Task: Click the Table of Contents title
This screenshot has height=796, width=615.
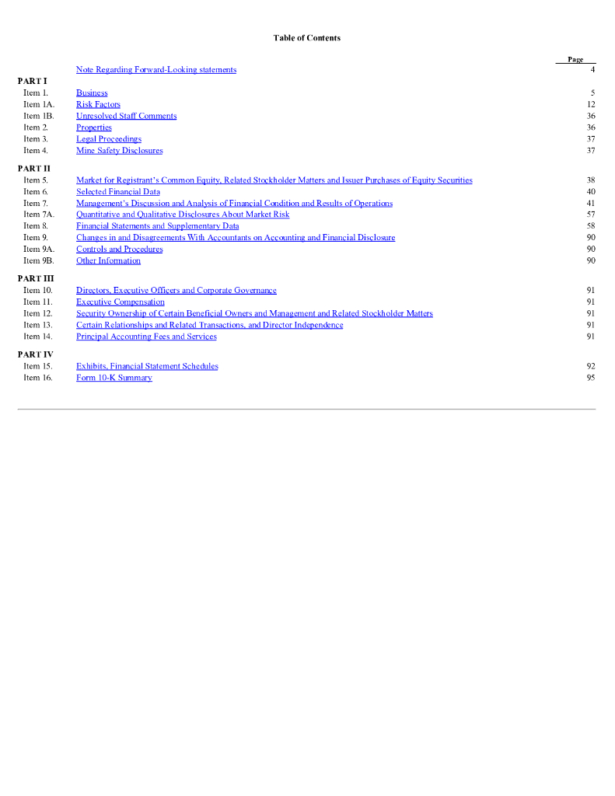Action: click(306, 38)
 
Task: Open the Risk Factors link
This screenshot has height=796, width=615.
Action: click(98, 105)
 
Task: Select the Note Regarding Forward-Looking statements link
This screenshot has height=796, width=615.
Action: click(156, 70)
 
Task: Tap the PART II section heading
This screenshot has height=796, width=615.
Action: click(33, 169)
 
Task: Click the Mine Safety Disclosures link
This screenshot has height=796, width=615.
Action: click(119, 151)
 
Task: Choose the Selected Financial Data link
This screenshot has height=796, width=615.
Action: click(117, 192)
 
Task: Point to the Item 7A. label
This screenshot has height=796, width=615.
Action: click(39, 215)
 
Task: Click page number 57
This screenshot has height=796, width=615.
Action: click(591, 215)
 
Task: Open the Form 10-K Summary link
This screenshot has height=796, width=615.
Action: click(114, 378)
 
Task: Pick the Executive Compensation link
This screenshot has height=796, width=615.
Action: click(120, 302)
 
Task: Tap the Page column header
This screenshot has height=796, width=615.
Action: click(575, 60)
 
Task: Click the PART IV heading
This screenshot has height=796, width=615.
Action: click(35, 354)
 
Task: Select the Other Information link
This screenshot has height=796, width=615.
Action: click(108, 261)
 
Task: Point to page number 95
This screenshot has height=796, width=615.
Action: click(591, 378)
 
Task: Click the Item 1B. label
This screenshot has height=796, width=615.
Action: click(38, 117)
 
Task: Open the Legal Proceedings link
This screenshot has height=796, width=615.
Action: click(108, 139)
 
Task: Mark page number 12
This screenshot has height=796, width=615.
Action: click(591, 105)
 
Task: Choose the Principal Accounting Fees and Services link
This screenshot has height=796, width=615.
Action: click(146, 337)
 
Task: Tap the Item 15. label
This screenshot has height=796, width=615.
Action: click(37, 366)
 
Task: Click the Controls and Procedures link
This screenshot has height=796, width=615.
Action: click(119, 250)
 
